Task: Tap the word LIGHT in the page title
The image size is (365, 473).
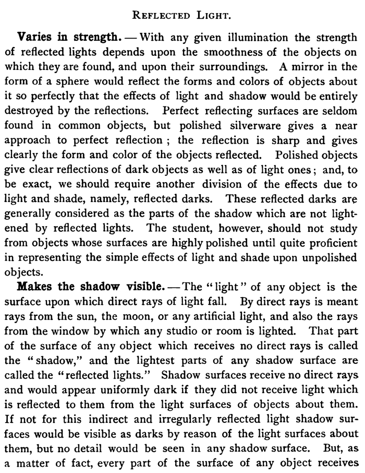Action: tap(211, 16)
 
